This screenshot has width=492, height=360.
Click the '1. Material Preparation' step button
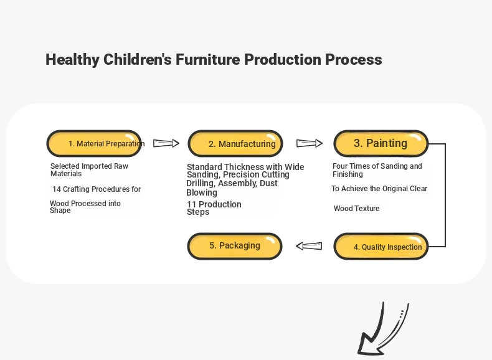[x=94, y=143]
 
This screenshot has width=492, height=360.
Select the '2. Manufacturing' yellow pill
[x=235, y=143]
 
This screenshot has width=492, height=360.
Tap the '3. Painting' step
[x=381, y=143]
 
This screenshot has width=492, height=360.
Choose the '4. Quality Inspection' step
[x=381, y=247]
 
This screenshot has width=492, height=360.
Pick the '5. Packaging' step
[x=235, y=247]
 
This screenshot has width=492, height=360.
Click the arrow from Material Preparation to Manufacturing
[x=166, y=143]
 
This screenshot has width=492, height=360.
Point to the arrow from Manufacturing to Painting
[x=310, y=143]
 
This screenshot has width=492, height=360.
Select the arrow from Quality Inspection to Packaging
[x=309, y=246]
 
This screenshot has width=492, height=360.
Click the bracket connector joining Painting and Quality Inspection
[x=445, y=195]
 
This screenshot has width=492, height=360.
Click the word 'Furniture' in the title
[x=208, y=59]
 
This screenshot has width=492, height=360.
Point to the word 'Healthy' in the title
[x=72, y=60]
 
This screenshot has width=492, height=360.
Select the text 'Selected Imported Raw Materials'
[x=90, y=170]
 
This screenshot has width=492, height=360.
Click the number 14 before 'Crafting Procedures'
[x=57, y=189]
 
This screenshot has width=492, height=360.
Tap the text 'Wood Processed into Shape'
[x=85, y=207]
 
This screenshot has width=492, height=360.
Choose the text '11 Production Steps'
[x=214, y=208]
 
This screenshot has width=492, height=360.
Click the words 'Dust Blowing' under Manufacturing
[x=232, y=187]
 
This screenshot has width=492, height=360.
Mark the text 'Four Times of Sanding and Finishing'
[x=377, y=170]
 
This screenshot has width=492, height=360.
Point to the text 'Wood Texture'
[x=357, y=209]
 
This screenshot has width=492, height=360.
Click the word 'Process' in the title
[x=353, y=59]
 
